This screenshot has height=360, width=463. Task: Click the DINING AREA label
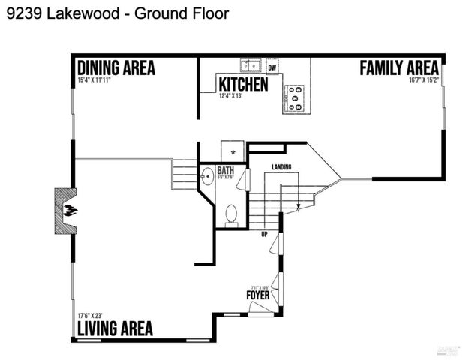pyautogui.click(x=116, y=67)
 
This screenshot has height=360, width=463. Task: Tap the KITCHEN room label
pyautogui.click(x=242, y=83)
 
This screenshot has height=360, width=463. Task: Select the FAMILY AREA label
pyautogui.click(x=398, y=67)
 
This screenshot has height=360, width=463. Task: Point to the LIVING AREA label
pyautogui.click(x=115, y=328)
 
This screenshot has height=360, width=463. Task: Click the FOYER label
pyautogui.click(x=257, y=295)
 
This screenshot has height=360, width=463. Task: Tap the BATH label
pyautogui.click(x=225, y=170)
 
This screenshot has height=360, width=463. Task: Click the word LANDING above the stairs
pyautogui.click(x=281, y=166)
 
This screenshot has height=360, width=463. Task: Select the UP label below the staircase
pyautogui.click(x=264, y=235)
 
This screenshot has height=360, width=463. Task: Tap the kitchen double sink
pyautogui.click(x=250, y=64)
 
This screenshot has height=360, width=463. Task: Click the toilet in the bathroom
pyautogui.click(x=232, y=214)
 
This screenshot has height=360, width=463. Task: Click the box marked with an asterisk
pyautogui.click(x=233, y=151)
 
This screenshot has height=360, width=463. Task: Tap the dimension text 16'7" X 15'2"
pyautogui.click(x=423, y=79)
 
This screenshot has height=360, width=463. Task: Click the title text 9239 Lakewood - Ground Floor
pyautogui.click(x=117, y=13)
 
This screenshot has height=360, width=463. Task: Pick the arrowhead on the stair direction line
pyautogui.click(x=299, y=206)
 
